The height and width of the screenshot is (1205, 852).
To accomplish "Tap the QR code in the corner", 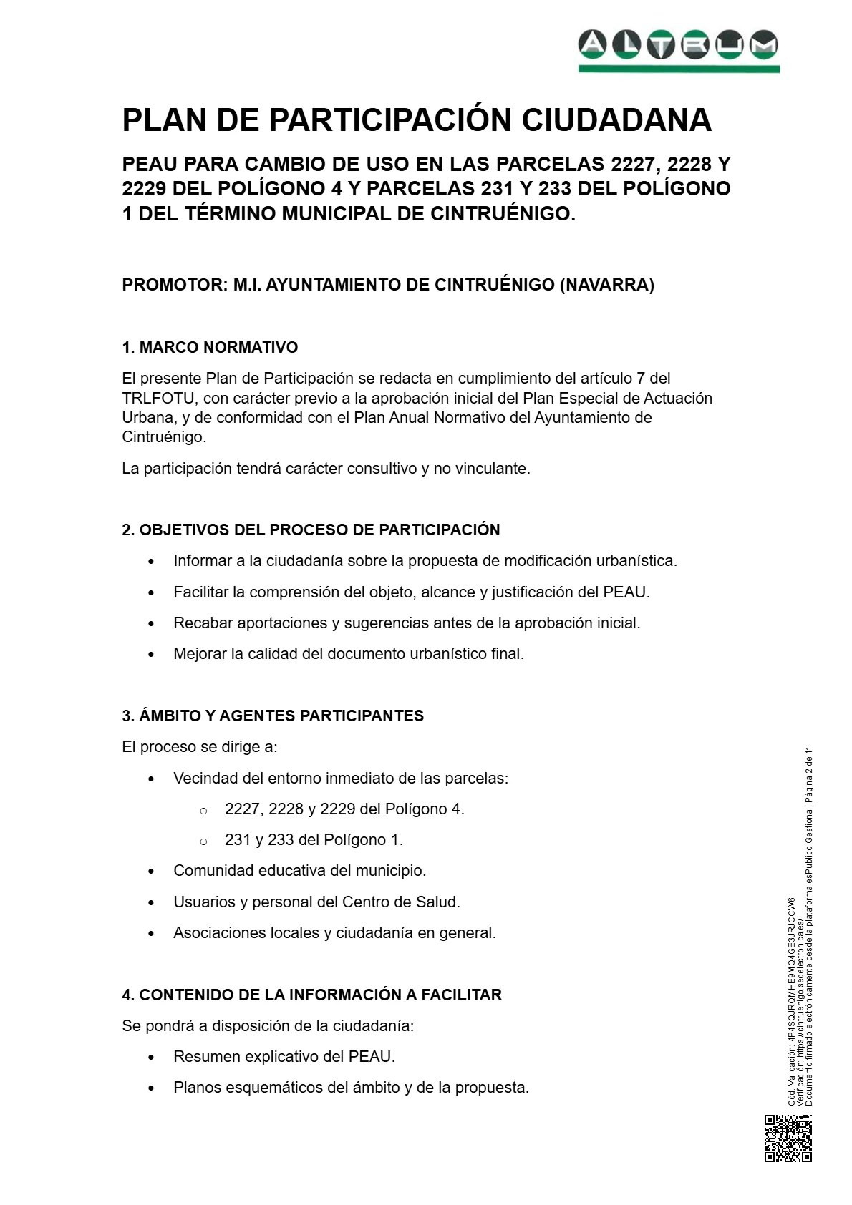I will coord(788,1138).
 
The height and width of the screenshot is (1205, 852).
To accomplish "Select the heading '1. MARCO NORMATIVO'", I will coord(210,348).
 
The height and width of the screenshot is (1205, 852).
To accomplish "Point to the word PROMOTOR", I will coord(173,285).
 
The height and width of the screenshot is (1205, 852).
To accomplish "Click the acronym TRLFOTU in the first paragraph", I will coord(158,398).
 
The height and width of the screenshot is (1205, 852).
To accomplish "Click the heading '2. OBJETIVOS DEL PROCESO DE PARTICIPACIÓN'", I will coord(311,530).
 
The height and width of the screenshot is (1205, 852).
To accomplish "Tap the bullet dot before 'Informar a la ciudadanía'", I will coord(151,562).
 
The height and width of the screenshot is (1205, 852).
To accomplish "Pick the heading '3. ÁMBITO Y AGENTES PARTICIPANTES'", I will coord(273,716).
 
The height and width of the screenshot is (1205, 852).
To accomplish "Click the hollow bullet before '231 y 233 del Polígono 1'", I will coord(203,841).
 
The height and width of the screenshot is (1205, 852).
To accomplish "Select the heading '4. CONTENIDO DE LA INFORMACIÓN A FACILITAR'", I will coord(311,995).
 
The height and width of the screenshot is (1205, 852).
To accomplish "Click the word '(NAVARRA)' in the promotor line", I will coord(607,285).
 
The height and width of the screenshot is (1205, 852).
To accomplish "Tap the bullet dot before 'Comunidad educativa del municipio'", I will coord(151,872).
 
